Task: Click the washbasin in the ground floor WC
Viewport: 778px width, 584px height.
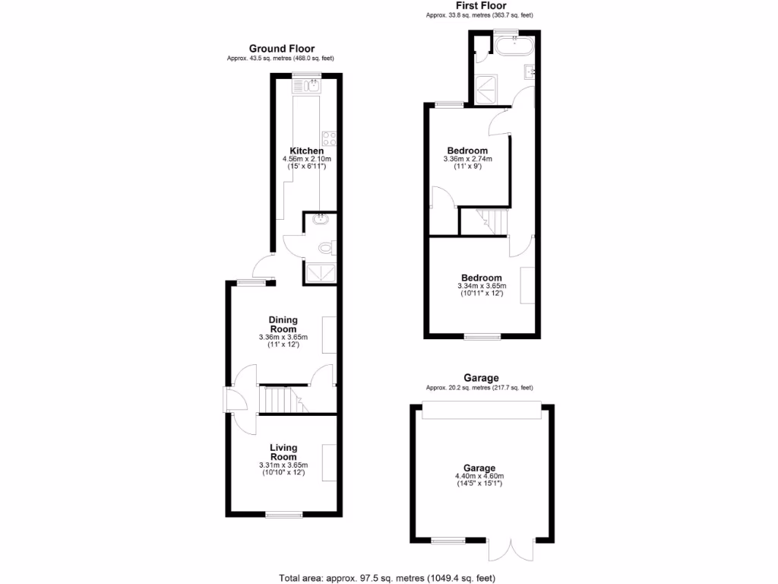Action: pos(319,222)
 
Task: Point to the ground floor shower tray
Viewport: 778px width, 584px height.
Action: pos(319,272)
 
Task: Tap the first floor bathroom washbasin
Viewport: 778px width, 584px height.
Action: pos(530,72)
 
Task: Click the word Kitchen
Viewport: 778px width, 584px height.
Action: pos(307,151)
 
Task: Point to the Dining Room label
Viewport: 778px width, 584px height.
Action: pos(283,325)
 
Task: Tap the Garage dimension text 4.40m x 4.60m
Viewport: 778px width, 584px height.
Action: pos(479,477)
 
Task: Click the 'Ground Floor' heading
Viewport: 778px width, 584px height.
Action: pos(281,49)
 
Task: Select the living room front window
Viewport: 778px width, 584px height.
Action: pos(283,516)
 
